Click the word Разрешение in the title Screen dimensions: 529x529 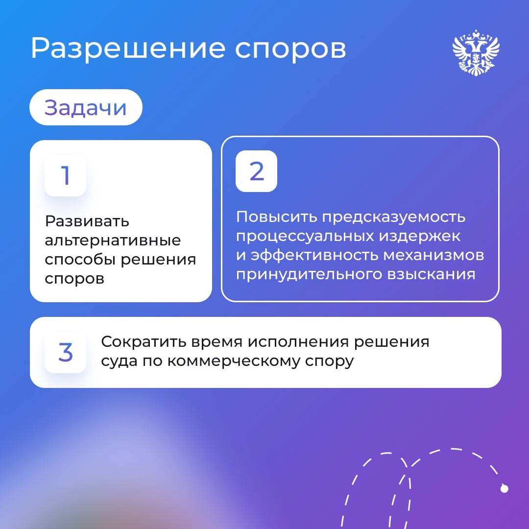tap(122, 48)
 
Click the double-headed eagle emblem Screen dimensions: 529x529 tap(476, 53)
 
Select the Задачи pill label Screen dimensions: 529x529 tap(86, 107)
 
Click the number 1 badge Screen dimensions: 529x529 tap(65, 176)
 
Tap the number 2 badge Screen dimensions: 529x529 tap(256, 171)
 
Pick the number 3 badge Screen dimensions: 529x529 tap(65, 353)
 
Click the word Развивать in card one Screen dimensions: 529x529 tap(87, 221)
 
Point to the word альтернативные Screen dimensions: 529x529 tap(113, 240)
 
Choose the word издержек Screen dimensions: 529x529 tap(419, 236)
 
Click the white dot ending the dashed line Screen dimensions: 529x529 tap(504, 488)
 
